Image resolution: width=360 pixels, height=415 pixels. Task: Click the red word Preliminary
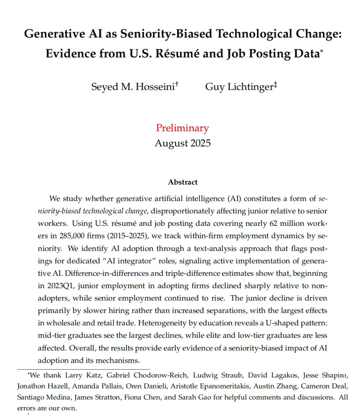(182, 128)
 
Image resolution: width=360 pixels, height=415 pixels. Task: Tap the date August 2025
(183, 143)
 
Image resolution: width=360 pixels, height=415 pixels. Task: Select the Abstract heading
(183, 182)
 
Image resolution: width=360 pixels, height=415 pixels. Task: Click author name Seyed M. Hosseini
(133, 87)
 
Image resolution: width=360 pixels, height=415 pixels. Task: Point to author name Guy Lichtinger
(239, 87)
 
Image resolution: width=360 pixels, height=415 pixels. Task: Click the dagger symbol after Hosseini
(177, 84)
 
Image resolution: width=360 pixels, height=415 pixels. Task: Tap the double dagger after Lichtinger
(275, 84)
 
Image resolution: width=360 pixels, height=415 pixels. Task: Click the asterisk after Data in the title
(321, 51)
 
